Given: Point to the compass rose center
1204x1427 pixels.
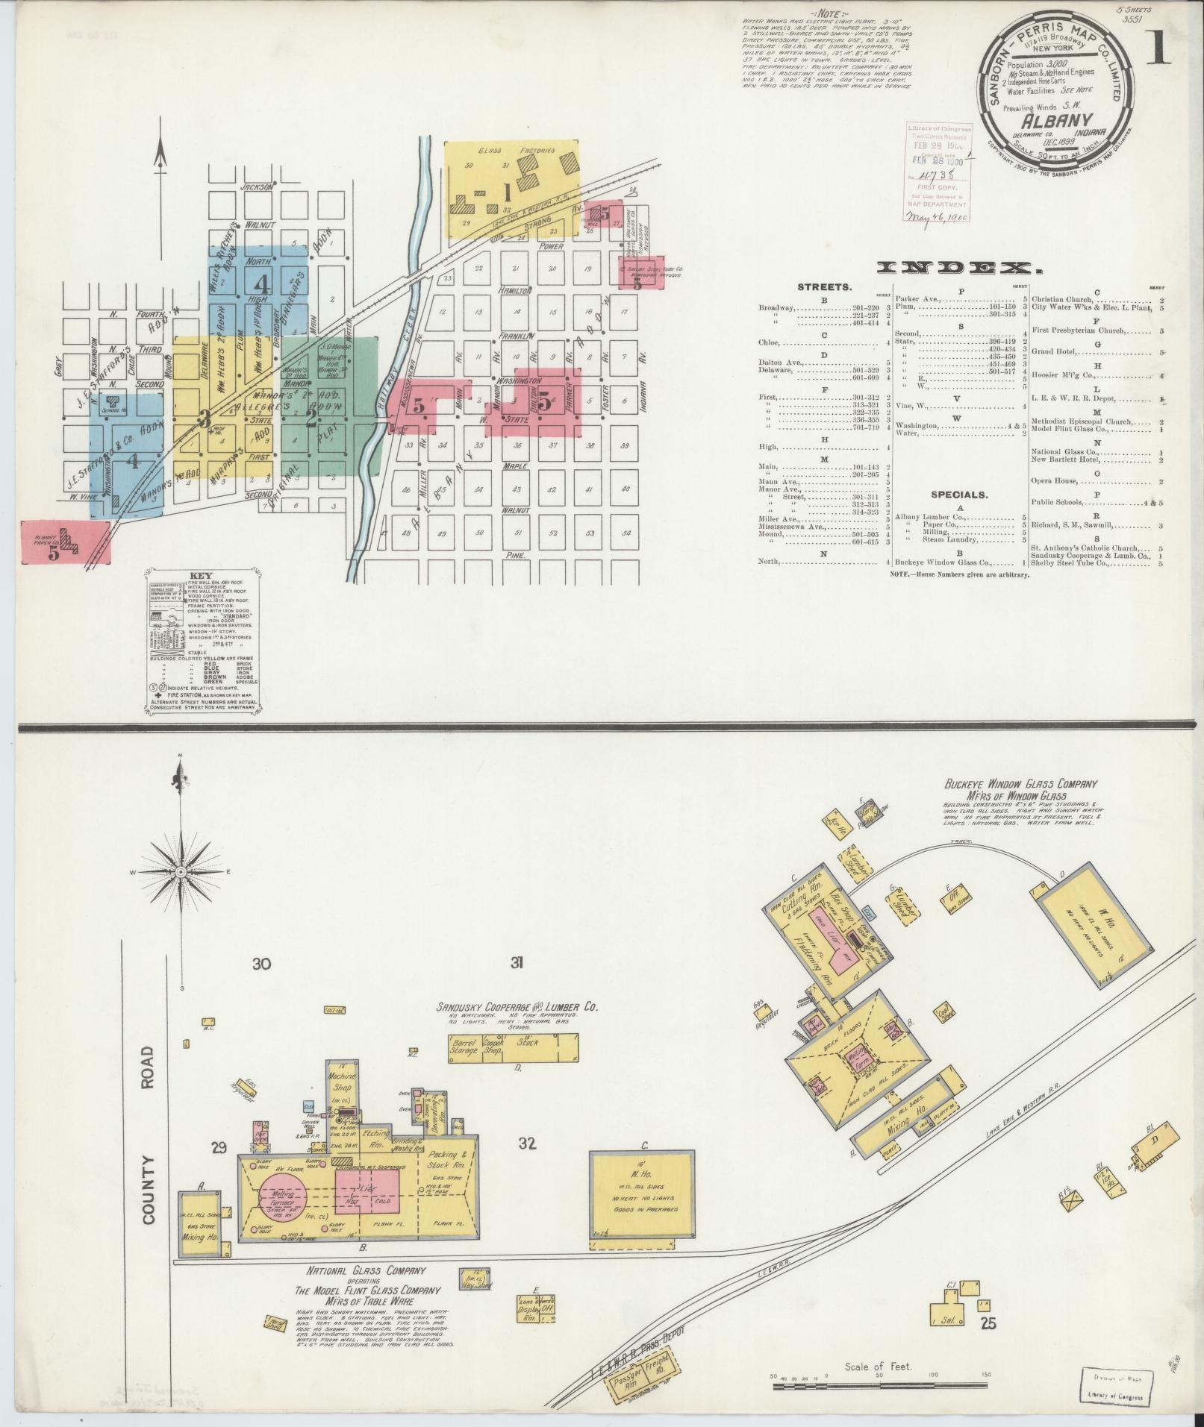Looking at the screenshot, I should click(x=180, y=871).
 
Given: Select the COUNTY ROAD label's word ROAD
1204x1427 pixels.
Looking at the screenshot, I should click(x=147, y=1066).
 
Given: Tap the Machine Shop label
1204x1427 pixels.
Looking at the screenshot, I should click(x=343, y=1081).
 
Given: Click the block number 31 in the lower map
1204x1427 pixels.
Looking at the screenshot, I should click(x=517, y=963).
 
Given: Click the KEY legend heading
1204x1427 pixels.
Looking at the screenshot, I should click(x=202, y=576).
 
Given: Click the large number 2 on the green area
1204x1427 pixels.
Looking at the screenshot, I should click(x=311, y=418).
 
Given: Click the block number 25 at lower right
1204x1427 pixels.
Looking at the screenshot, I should click(x=988, y=1323).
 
